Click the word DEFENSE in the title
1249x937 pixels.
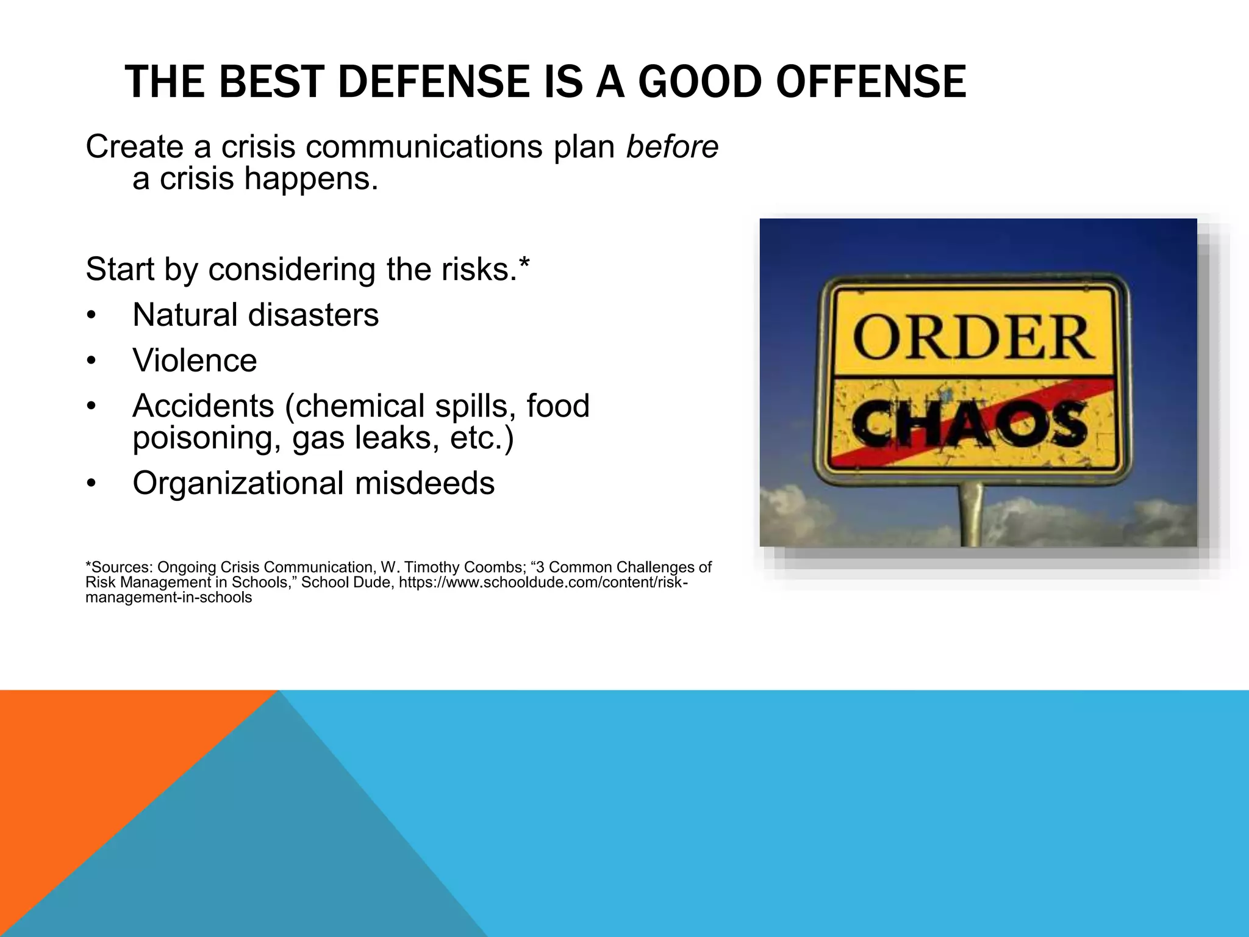(433, 82)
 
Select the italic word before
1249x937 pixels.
(672, 147)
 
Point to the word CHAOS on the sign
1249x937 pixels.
(970, 423)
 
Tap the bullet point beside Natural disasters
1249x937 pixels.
(91, 316)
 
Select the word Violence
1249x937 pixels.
(195, 361)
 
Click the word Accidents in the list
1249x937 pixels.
(203, 406)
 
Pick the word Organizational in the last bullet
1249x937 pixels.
(238, 484)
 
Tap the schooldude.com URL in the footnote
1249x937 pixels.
(543, 583)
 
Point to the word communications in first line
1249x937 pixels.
(424, 147)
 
